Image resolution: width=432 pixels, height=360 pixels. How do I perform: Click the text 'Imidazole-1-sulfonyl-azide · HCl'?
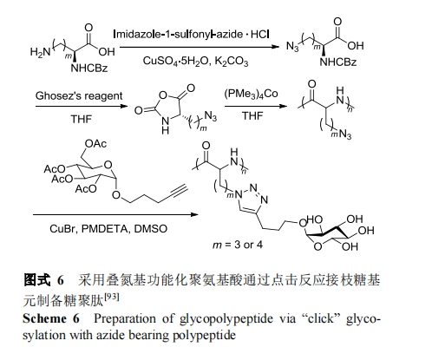[x=191, y=35]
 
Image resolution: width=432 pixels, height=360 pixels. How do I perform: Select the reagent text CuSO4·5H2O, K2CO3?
[x=195, y=62]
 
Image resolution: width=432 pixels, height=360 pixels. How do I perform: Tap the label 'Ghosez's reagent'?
[x=79, y=95]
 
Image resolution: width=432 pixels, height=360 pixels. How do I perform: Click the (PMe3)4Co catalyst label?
[x=251, y=94]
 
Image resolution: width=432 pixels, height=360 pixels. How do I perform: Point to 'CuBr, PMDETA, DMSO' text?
[x=108, y=229]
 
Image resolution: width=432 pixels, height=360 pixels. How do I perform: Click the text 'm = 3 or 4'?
[x=238, y=245]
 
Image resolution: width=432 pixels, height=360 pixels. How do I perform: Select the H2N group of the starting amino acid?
[x=40, y=52]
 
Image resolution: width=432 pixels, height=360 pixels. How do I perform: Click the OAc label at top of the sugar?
[x=95, y=143]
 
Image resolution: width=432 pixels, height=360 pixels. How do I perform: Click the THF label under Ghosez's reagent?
[x=82, y=119]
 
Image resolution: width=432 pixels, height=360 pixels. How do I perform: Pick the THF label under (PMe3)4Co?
[x=252, y=115]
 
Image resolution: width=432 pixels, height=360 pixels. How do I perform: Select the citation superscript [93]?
[x=112, y=297]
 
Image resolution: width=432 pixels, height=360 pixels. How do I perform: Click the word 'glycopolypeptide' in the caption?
[x=226, y=319]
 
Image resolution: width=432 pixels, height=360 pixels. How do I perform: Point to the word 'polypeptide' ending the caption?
[x=204, y=336]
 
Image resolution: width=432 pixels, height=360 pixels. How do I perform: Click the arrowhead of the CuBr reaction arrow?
[x=195, y=214]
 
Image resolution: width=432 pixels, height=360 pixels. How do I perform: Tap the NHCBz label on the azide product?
[x=338, y=62]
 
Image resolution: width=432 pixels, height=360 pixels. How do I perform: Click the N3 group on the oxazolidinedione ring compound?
[x=210, y=116]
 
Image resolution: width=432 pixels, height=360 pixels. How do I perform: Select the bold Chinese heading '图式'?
[x=36, y=280]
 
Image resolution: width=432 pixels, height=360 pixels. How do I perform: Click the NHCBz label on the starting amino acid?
[x=89, y=69]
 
